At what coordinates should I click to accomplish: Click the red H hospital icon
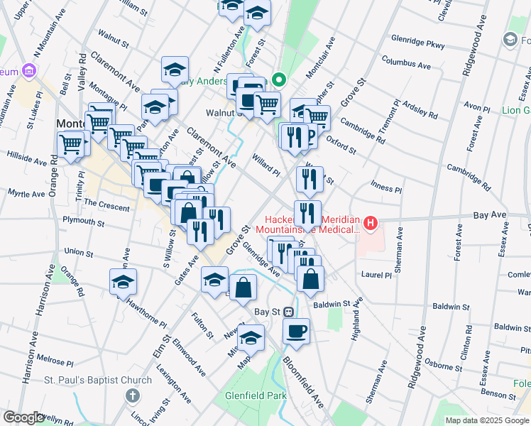tap(370, 224)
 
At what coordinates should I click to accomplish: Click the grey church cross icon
tap(131, 395)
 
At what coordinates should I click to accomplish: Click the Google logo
tap(23, 417)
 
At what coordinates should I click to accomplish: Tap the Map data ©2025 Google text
tap(487, 420)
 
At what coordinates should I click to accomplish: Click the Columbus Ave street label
tap(406, 65)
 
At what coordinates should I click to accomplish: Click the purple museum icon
tap(28, 71)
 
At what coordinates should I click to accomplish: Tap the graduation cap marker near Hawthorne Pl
tap(124, 282)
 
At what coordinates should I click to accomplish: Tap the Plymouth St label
tap(84, 222)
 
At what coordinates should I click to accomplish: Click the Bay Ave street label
tap(490, 213)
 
